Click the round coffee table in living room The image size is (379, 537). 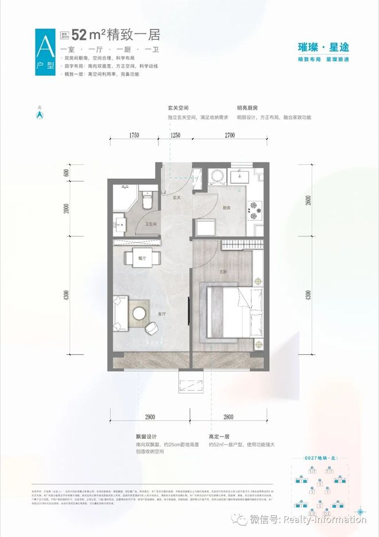[140, 313]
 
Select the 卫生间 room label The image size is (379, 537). [151, 225]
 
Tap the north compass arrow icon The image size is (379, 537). [41, 114]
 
